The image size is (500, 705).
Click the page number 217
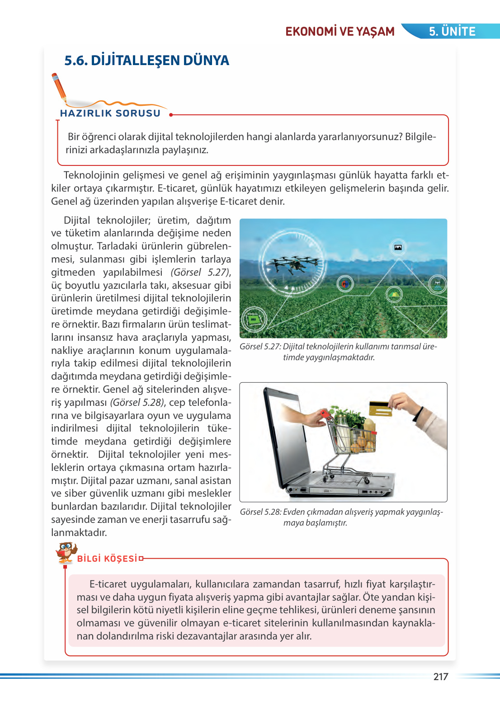(x=440, y=677)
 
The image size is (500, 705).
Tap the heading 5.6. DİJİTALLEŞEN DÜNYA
(x=146, y=61)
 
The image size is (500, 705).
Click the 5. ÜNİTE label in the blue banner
(x=452, y=32)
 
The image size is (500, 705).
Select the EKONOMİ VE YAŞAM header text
(x=340, y=32)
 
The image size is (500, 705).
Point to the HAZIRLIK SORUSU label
(x=110, y=113)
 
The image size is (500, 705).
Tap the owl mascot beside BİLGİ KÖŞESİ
(x=66, y=552)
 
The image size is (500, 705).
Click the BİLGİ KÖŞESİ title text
(x=107, y=559)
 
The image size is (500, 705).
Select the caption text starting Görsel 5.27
(x=338, y=352)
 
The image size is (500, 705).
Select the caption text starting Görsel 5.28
(x=341, y=517)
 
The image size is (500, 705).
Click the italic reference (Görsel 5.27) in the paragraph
(x=200, y=273)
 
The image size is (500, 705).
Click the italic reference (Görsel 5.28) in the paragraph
(x=137, y=403)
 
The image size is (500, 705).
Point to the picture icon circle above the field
(x=398, y=247)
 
